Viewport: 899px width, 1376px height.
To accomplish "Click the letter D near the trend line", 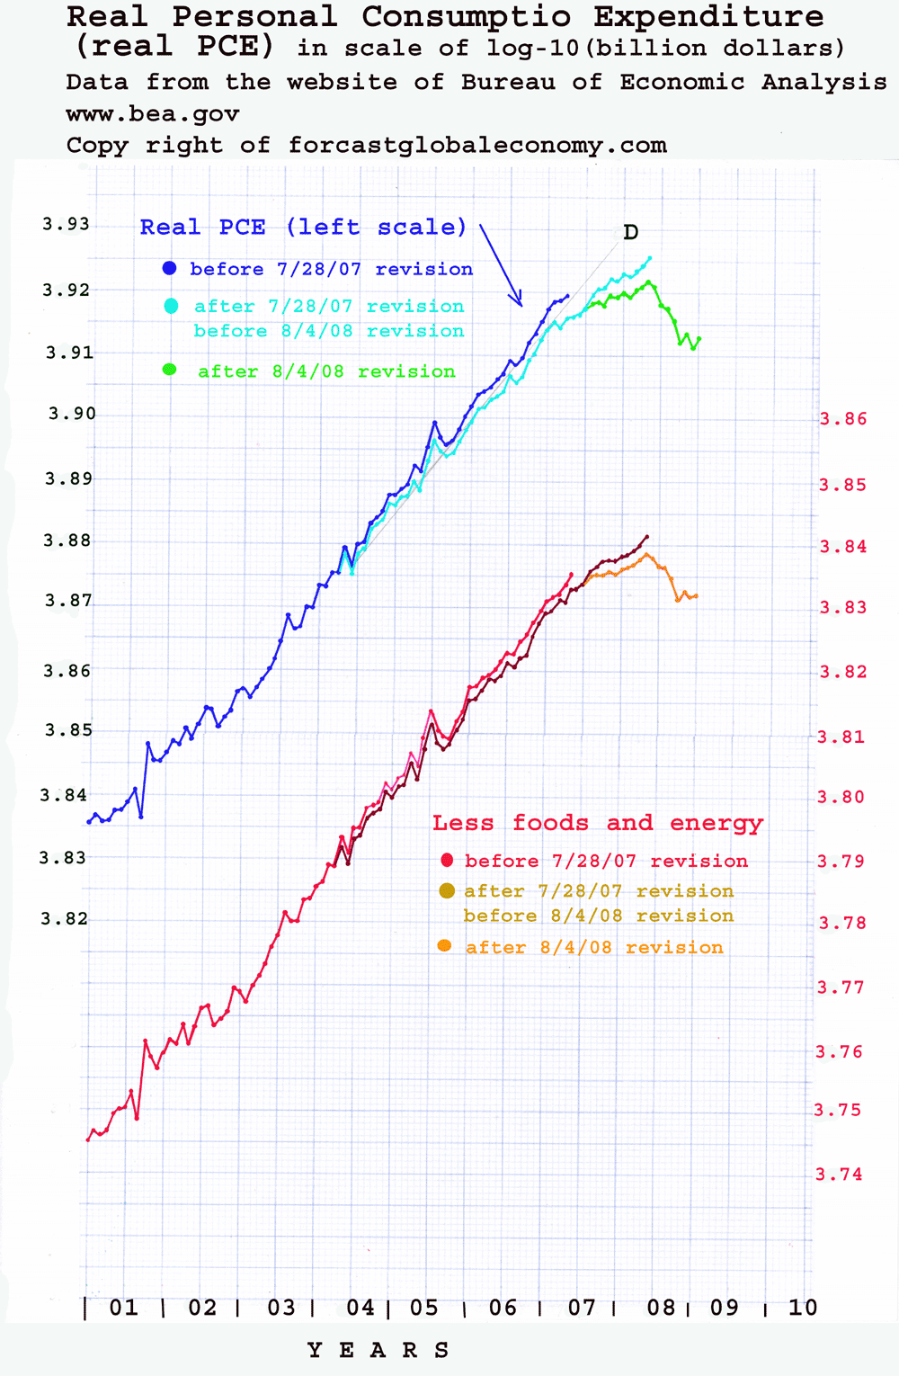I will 630,233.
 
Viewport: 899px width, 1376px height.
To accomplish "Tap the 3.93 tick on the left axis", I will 67,224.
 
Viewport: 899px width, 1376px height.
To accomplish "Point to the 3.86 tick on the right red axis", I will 842,419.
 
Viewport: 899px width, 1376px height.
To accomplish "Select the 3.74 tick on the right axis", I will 838,1174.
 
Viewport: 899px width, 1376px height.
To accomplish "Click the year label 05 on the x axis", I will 424,1308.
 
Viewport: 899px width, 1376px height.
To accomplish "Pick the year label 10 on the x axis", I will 803,1308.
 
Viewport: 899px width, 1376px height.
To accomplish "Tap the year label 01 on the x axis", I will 124,1308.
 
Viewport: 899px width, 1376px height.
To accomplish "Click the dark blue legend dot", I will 169,268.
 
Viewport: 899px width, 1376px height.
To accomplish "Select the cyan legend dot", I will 171,307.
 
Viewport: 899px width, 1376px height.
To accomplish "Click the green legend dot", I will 169,370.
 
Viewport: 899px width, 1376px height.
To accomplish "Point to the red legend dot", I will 447,861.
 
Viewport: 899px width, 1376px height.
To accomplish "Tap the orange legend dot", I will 444,946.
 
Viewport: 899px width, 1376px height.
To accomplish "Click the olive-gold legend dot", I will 446,891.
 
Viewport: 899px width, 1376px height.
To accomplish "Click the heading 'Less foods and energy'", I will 597,823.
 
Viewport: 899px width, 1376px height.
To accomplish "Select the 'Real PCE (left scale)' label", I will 303,228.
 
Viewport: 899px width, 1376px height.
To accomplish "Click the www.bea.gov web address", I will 153,114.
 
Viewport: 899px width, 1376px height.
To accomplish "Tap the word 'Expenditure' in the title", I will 708,16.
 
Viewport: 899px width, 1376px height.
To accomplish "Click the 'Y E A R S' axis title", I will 378,1350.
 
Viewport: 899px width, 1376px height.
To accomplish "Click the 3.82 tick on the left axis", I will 65,918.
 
